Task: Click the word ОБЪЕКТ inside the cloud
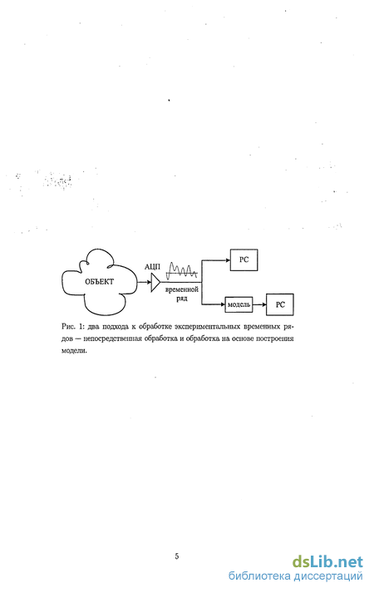[99, 282]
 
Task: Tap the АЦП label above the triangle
[152, 267]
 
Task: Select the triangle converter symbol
[155, 283]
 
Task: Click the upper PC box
[244, 259]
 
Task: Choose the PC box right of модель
[280, 304]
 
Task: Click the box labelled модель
[239, 304]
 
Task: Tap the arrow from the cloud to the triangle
[144, 283]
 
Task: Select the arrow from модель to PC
[259, 304]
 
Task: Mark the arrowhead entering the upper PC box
[228, 259]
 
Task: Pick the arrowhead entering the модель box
[223, 304]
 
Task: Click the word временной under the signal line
[182, 290]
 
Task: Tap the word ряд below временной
[182, 299]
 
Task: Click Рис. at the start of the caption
[68, 326]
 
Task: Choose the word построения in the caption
[274, 339]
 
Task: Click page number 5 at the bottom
[177, 556]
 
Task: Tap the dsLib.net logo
[327, 562]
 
